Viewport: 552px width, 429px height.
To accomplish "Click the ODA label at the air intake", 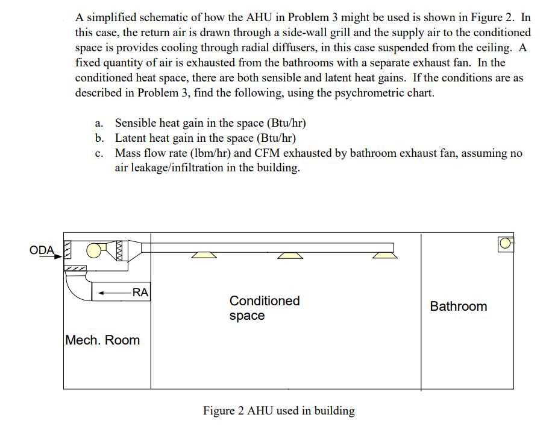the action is point(42,250).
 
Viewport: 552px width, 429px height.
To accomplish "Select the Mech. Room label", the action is point(102,340).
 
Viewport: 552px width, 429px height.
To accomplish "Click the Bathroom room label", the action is point(458,307).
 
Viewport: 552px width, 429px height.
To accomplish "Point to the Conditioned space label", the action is point(264,308).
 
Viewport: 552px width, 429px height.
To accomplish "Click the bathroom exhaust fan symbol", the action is point(505,243).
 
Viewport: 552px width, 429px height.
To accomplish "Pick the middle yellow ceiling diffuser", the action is point(291,255).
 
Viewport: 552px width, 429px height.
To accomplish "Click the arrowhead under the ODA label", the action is point(58,256).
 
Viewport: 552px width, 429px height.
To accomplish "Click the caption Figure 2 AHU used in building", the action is point(278,411).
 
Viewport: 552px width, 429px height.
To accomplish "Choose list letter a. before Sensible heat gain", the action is point(99,124).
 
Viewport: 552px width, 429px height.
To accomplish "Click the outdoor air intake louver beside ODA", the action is point(68,249).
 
